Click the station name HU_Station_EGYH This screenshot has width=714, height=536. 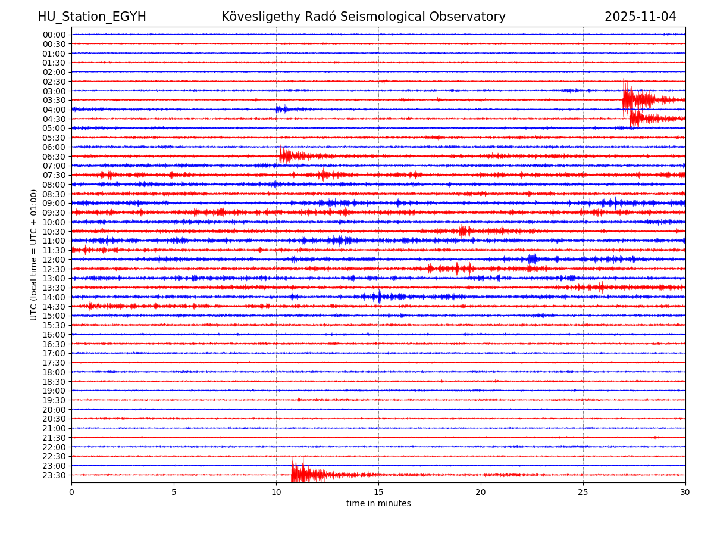[x=92, y=17]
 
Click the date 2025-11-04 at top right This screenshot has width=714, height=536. [x=640, y=17]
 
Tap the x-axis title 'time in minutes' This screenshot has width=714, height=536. [x=378, y=503]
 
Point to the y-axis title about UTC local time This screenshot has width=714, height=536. [x=34, y=254]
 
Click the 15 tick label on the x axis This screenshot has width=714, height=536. [x=378, y=493]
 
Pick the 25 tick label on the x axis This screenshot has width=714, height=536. [x=583, y=493]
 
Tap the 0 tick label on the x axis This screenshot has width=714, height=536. [x=71, y=493]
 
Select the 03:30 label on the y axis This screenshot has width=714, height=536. [x=54, y=100]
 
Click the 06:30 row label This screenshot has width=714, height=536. [x=54, y=157]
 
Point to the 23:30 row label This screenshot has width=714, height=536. [x=54, y=475]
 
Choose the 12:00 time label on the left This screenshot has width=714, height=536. [x=54, y=260]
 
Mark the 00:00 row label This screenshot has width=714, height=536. [x=54, y=35]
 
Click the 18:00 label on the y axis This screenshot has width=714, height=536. [x=54, y=372]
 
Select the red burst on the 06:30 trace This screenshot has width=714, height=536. [x=288, y=156]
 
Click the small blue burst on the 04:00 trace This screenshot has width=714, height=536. [x=281, y=109]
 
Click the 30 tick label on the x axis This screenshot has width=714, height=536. [x=685, y=493]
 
